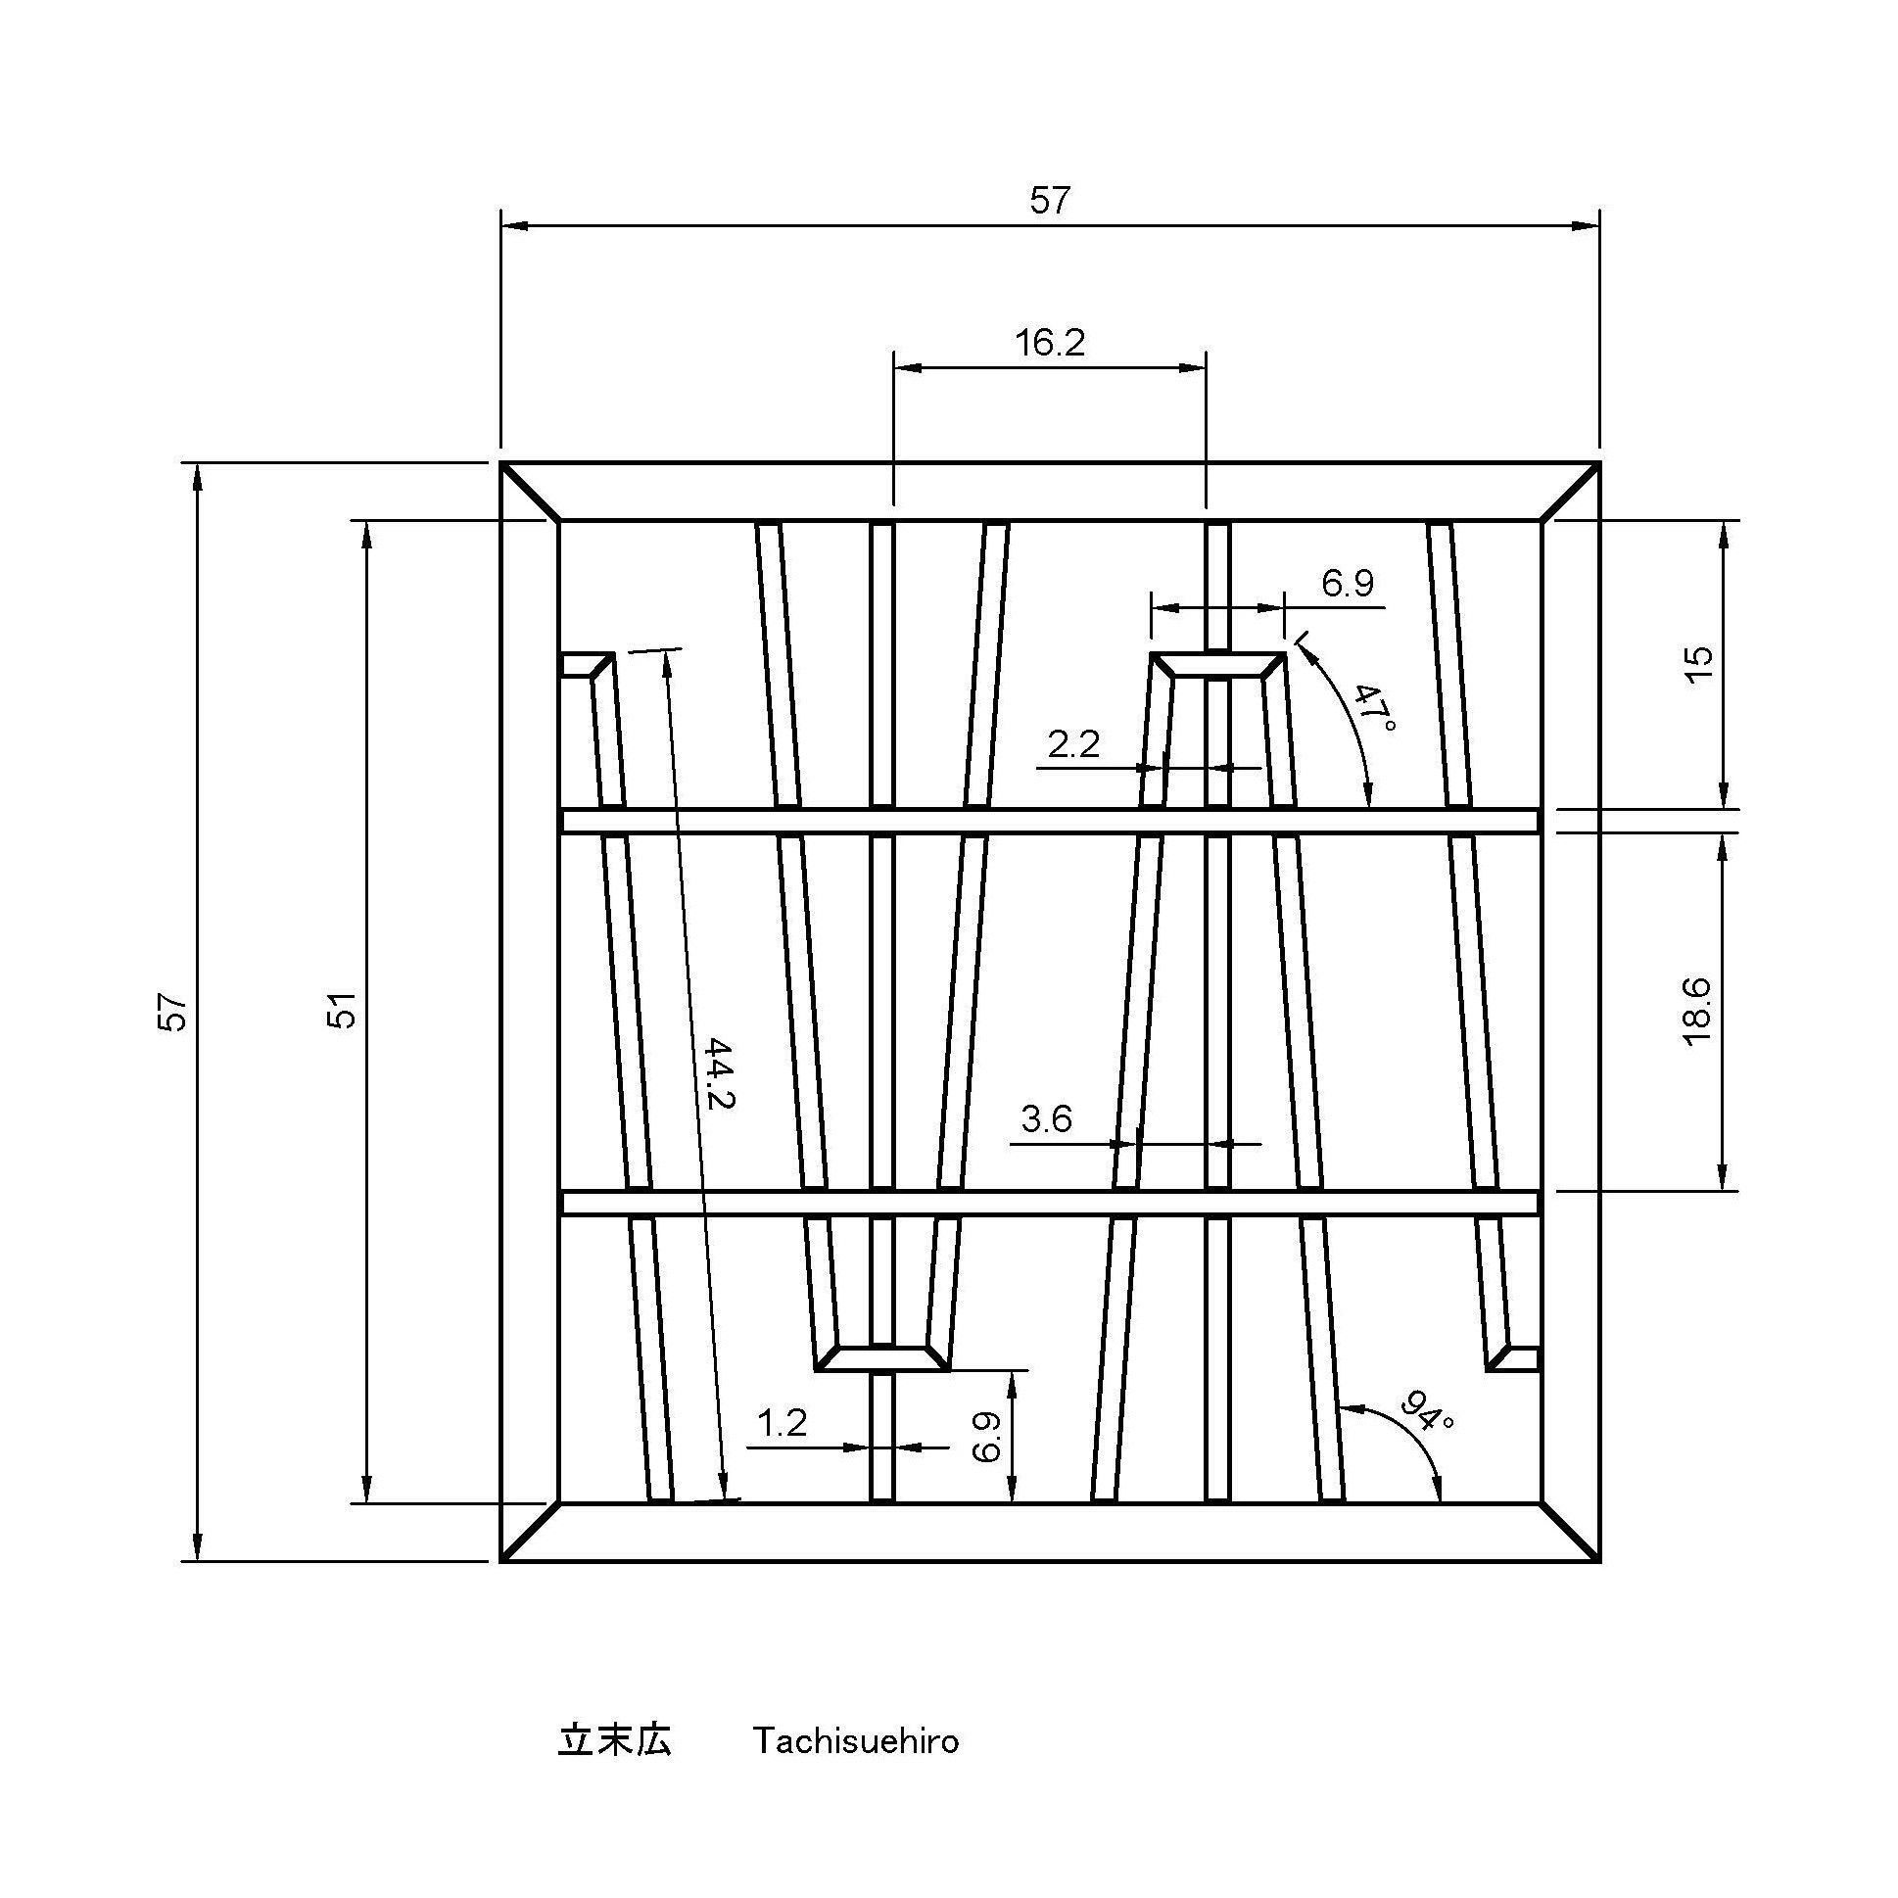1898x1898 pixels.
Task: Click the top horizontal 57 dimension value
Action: pos(1048,201)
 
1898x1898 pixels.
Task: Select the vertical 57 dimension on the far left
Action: pos(173,1012)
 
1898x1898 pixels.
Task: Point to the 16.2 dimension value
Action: pos(1049,343)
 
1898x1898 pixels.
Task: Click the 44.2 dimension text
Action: pos(720,1073)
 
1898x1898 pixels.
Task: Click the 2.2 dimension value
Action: pos(1072,744)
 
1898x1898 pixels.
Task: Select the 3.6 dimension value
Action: pos(1046,1119)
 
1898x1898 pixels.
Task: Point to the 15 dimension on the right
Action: pos(1698,663)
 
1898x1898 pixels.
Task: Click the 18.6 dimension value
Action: pos(1696,1012)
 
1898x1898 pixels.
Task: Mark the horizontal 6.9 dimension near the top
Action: pos(1347,584)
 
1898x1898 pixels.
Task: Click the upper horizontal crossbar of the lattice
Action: pos(1049,821)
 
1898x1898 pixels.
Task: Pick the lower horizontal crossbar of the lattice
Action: pos(1049,1203)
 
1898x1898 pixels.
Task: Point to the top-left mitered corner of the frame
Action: pos(531,492)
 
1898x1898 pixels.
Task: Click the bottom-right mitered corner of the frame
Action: pos(1570,1532)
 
